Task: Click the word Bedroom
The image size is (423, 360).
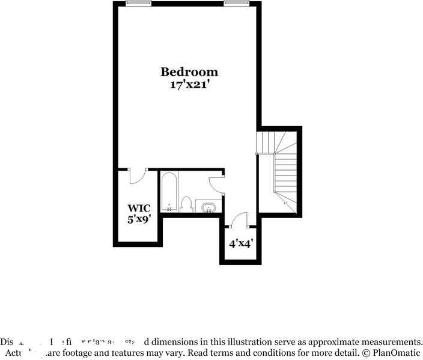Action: click(x=189, y=72)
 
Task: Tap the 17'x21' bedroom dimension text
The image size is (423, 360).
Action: click(x=189, y=85)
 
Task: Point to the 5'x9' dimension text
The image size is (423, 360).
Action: click(x=138, y=219)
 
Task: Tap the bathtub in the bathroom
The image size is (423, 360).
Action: click(x=169, y=192)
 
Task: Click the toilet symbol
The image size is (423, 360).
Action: click(x=186, y=205)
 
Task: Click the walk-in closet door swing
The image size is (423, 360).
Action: click(x=138, y=176)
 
